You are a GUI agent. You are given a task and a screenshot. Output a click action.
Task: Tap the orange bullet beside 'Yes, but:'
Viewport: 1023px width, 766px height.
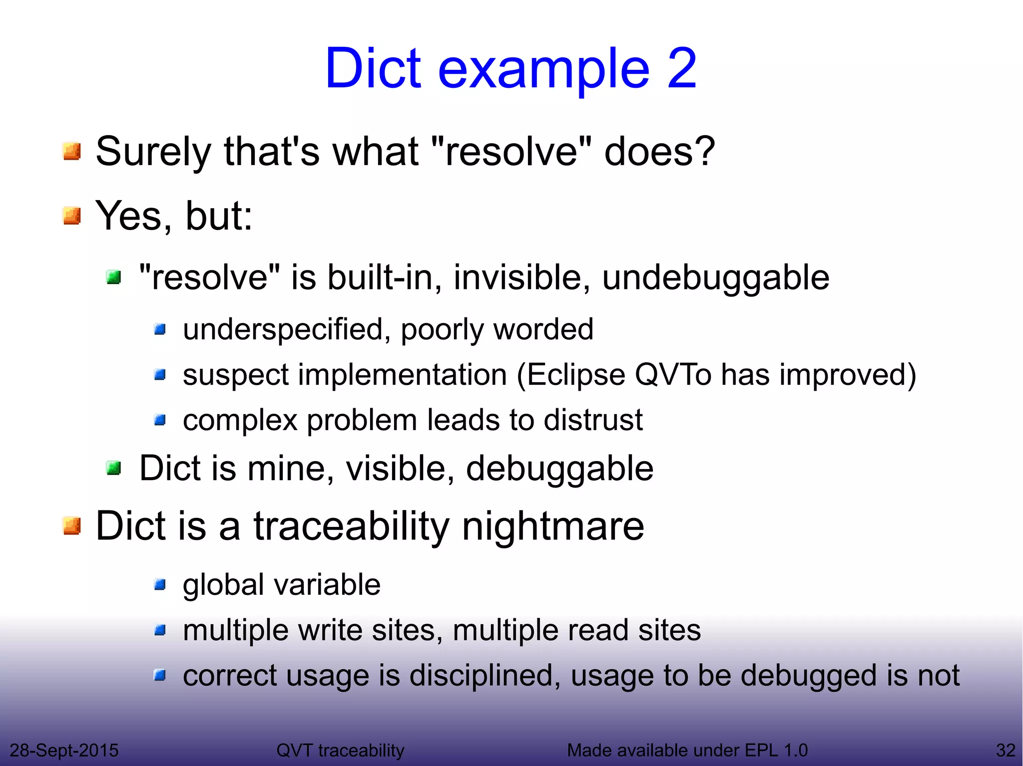[72, 216]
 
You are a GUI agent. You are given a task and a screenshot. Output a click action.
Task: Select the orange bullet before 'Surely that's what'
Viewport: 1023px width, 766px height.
[72, 151]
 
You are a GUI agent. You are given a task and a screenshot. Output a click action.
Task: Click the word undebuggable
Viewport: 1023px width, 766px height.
[715, 278]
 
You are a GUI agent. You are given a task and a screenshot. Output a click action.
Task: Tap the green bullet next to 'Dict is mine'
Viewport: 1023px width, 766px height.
[114, 468]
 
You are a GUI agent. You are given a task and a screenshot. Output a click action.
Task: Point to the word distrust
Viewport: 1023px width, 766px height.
[593, 420]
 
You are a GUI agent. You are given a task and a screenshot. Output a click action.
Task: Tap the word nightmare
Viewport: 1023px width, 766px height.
[553, 526]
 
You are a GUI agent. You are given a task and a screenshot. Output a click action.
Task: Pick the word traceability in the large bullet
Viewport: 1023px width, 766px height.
[352, 526]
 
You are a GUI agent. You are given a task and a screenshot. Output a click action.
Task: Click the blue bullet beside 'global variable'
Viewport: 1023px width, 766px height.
[160, 584]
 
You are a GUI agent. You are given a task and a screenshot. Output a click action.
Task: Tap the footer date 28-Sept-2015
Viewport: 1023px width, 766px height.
[64, 750]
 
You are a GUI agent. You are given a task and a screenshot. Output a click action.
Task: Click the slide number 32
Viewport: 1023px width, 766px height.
[1006, 750]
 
